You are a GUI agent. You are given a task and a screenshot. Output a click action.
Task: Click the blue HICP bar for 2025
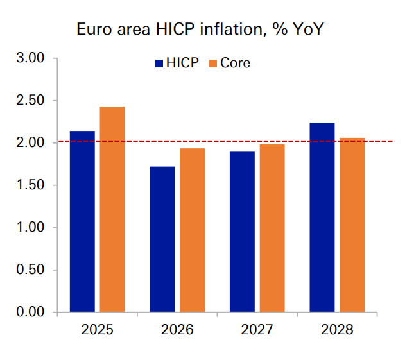click(82, 221)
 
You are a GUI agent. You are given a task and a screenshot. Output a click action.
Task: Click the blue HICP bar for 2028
click(322, 218)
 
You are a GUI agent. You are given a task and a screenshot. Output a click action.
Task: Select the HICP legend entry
click(177, 63)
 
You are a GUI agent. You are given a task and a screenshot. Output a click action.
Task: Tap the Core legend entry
click(229, 63)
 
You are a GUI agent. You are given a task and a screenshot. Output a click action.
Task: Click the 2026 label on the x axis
click(177, 330)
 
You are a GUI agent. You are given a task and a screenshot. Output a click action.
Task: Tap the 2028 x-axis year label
click(337, 330)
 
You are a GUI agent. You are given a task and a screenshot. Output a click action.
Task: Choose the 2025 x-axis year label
click(97, 330)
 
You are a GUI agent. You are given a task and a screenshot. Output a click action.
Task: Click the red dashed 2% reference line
click(379, 141)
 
